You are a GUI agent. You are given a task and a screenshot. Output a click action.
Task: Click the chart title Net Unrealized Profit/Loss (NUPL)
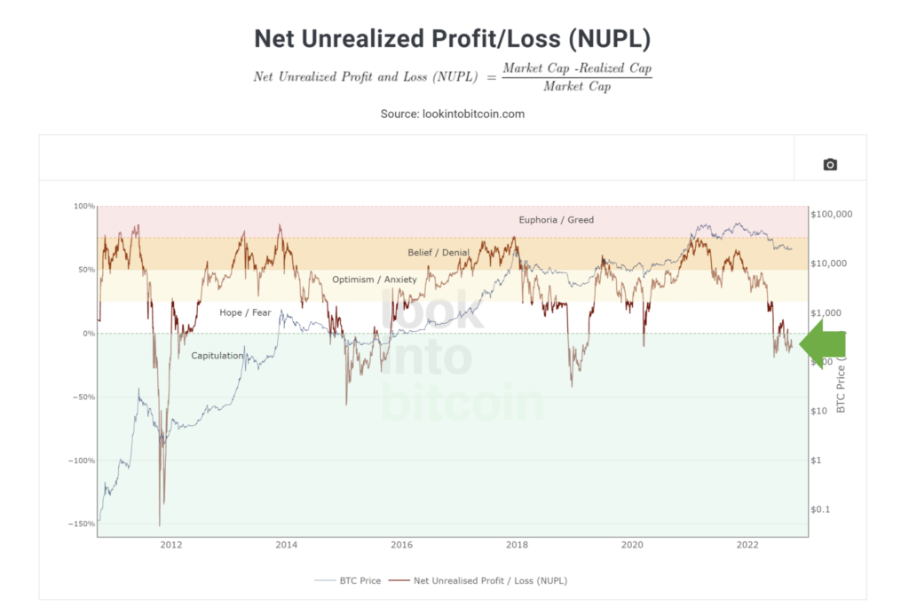[x=454, y=39]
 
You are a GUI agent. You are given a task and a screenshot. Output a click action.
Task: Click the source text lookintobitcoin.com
[x=454, y=114]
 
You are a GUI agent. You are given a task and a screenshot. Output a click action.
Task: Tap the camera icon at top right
[x=830, y=164]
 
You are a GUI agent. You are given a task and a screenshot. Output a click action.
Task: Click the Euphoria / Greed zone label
[x=557, y=220]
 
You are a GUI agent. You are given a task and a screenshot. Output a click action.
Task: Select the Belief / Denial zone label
[x=439, y=253]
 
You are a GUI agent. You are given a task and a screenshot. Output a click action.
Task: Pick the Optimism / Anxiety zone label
[x=374, y=279]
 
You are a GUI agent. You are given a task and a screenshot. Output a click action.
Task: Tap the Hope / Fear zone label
[x=245, y=312]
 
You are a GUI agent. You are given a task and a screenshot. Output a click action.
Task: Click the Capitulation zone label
[x=217, y=356]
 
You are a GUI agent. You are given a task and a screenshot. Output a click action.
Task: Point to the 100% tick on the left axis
[x=83, y=207]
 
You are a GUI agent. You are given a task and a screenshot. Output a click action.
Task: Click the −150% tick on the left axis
[x=82, y=524]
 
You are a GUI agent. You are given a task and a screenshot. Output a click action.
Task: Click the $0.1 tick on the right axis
[x=820, y=509]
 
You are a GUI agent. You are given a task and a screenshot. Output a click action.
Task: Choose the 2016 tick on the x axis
[x=401, y=545]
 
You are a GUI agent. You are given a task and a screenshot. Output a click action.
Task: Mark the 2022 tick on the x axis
[x=747, y=545]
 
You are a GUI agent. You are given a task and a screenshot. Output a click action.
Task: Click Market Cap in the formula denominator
[x=576, y=86]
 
